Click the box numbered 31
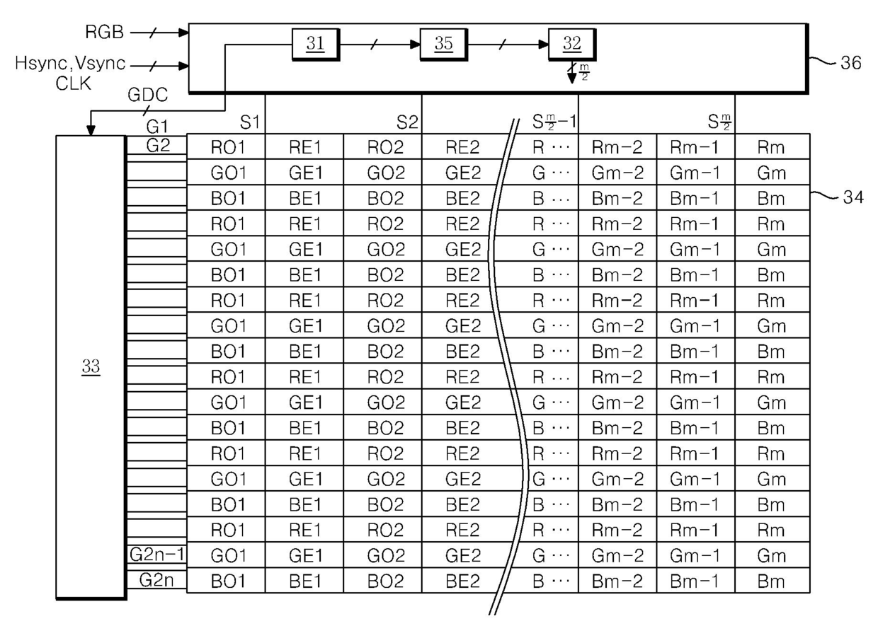pos(316,45)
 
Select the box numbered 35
pos(444,45)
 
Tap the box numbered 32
pos(572,45)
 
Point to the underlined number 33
pos(91,367)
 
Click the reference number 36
pos(850,63)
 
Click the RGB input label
pos(104,32)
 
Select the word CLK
pos(74,83)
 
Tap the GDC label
pos(148,95)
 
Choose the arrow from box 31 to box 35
pos(380,45)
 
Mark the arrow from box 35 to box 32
pos(508,45)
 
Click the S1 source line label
pos(250,122)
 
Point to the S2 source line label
pos(407,122)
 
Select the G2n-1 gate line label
pos(156,555)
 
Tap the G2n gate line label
pos(156,580)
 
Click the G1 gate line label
pos(157,126)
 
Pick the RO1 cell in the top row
pos(228,148)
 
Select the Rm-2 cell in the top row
pos(617,148)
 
